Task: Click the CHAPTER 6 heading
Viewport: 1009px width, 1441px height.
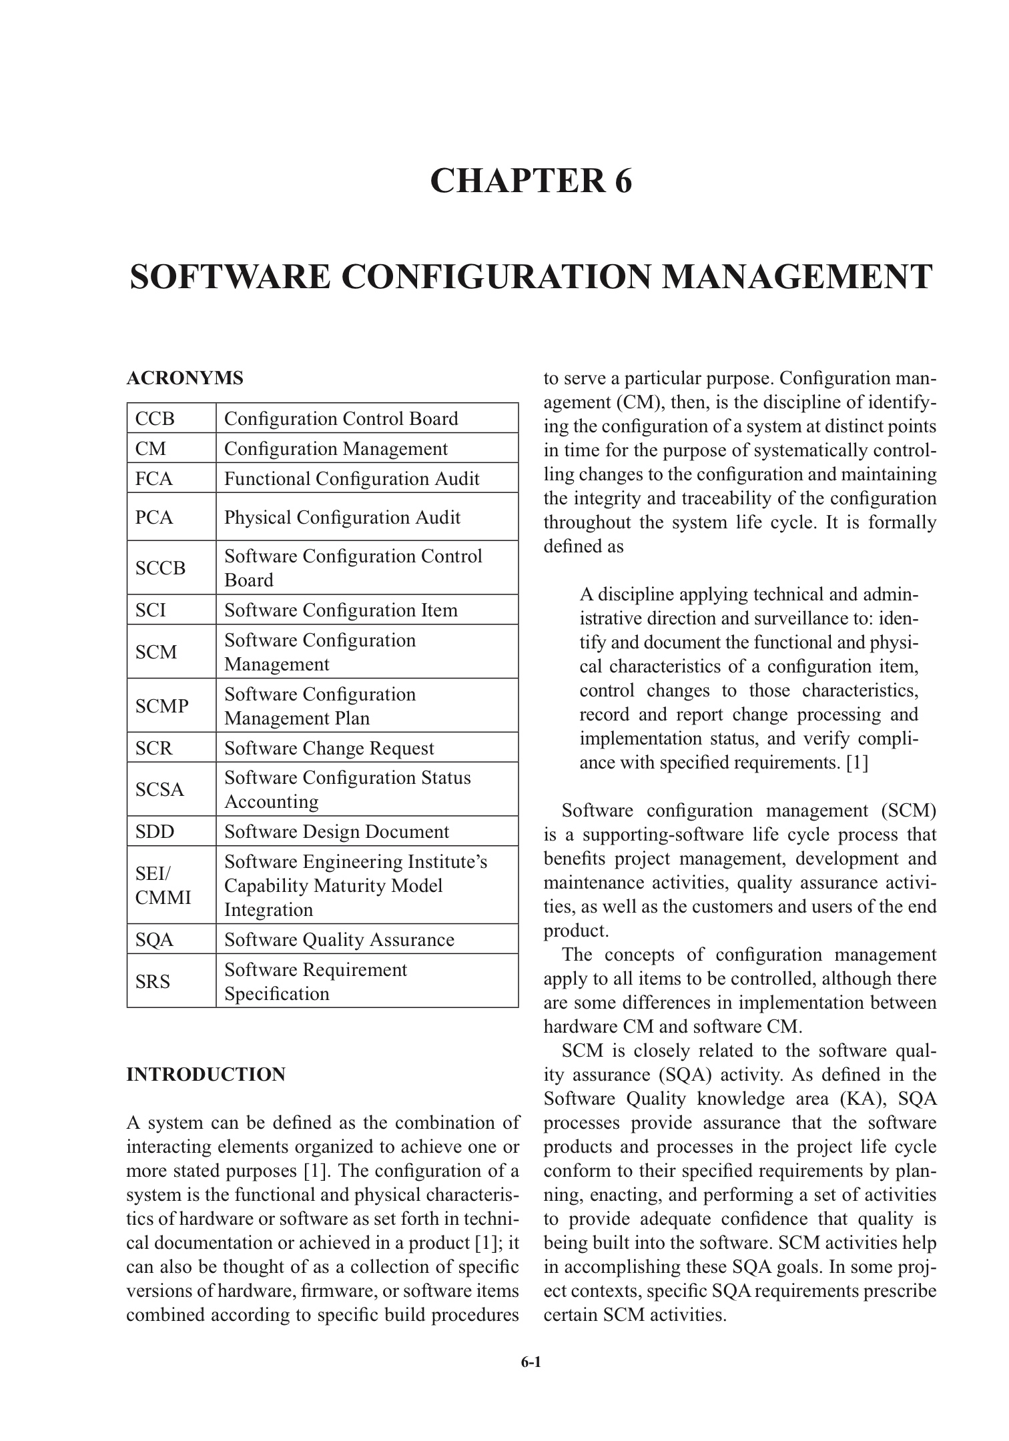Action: point(531,181)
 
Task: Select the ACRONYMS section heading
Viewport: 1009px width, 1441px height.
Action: point(185,378)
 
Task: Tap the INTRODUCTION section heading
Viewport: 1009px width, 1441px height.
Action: point(206,1075)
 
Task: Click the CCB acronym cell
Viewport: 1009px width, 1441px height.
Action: point(155,419)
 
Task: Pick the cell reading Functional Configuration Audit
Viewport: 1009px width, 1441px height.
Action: point(352,479)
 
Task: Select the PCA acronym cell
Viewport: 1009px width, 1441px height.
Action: point(154,517)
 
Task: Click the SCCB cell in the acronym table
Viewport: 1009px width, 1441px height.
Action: point(160,568)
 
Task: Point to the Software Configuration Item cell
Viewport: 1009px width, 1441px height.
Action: point(341,610)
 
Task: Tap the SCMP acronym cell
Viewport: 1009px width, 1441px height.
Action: point(162,706)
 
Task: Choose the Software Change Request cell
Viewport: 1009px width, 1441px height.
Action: point(329,748)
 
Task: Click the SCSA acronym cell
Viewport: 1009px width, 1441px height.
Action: point(159,790)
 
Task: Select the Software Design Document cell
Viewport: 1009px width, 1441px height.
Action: point(337,832)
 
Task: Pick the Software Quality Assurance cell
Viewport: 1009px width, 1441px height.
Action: point(339,939)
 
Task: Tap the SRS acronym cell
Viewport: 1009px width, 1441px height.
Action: point(153,981)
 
